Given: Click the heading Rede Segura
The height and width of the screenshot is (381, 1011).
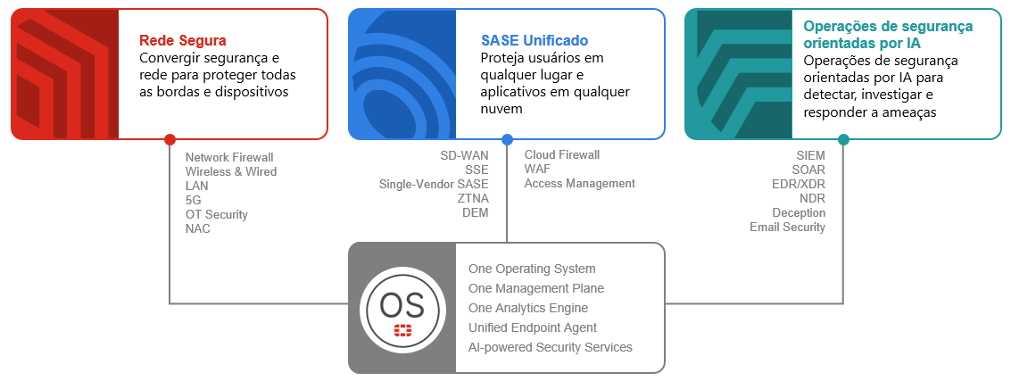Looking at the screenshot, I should coord(183,40).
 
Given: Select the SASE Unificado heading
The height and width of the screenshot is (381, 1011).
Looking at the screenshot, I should coord(535,40).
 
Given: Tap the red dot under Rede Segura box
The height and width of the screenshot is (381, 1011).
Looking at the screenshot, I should coord(170,139).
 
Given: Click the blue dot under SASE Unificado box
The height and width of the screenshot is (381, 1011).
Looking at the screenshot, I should coord(507,139).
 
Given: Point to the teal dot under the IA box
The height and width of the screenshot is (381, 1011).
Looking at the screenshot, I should coord(843,139).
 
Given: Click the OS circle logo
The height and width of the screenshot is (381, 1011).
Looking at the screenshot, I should coord(402,308).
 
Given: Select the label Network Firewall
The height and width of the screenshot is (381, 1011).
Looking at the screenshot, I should coord(229,157).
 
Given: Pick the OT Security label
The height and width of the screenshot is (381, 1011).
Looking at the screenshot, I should coord(217,214).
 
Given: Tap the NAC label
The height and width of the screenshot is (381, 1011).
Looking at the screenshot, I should coord(198,228).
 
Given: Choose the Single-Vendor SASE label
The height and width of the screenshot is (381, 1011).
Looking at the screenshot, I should coord(434,184).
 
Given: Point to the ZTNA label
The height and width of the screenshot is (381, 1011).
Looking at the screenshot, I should coord(472,198).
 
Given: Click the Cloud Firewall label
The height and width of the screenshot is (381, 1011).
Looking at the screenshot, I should coord(562,154).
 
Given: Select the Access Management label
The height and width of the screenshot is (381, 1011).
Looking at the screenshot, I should coord(580,183).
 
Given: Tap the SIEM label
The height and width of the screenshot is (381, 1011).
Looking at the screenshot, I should coord(810,155).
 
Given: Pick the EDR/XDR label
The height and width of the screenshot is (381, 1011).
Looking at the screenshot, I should coord(800,184).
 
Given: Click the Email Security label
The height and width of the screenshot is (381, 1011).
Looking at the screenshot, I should coord(787,227).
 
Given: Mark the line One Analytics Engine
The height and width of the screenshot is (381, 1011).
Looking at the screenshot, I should coord(528,308).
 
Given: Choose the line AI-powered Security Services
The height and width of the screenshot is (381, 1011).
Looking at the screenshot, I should coord(551,347).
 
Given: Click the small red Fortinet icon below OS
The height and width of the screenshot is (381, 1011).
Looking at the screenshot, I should coord(402,331).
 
